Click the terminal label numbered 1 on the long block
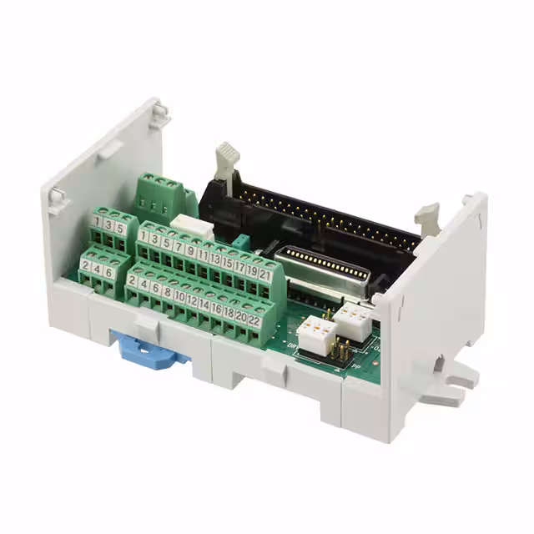click(x=144, y=236)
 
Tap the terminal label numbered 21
click(x=265, y=273)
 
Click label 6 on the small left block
click(x=109, y=272)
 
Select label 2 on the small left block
click(x=86, y=265)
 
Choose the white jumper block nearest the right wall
click(x=354, y=320)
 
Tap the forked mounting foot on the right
click(x=446, y=385)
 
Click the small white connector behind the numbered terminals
click(x=190, y=224)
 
